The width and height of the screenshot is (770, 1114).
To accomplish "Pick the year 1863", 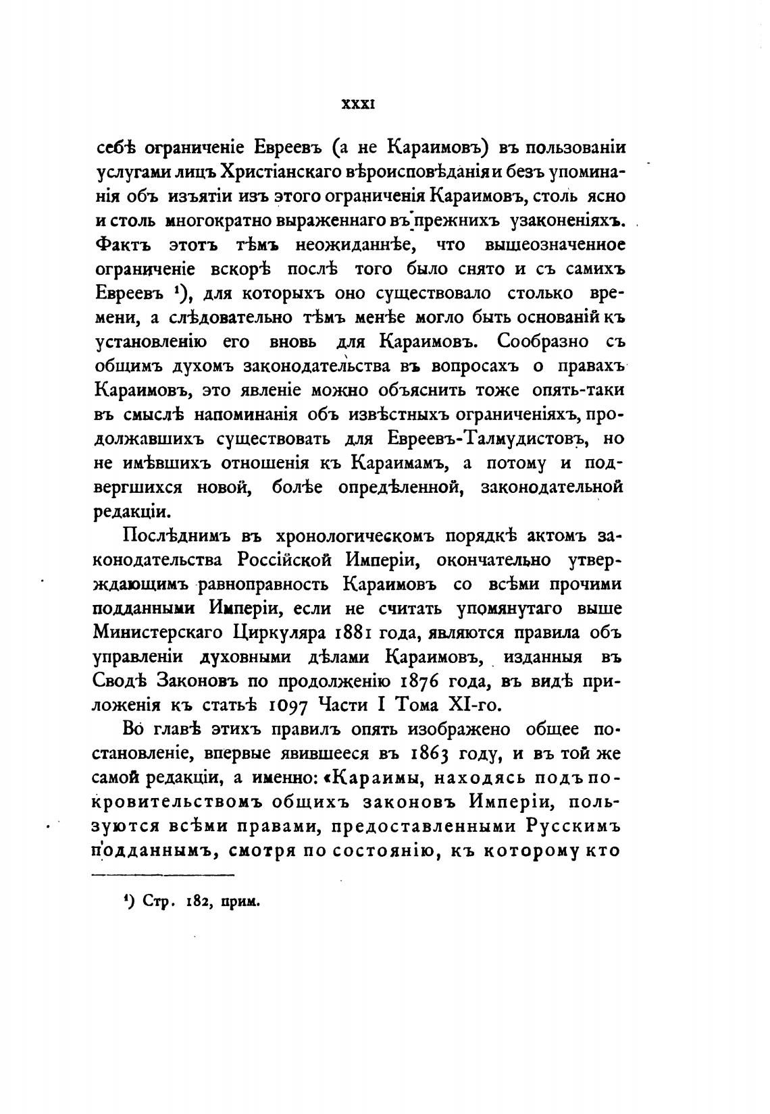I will pyautogui.click(x=430, y=754).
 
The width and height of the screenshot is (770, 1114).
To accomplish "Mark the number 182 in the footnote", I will pyautogui.click(x=198, y=902).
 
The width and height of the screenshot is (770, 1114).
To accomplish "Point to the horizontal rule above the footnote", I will pyautogui.click(x=162, y=876).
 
